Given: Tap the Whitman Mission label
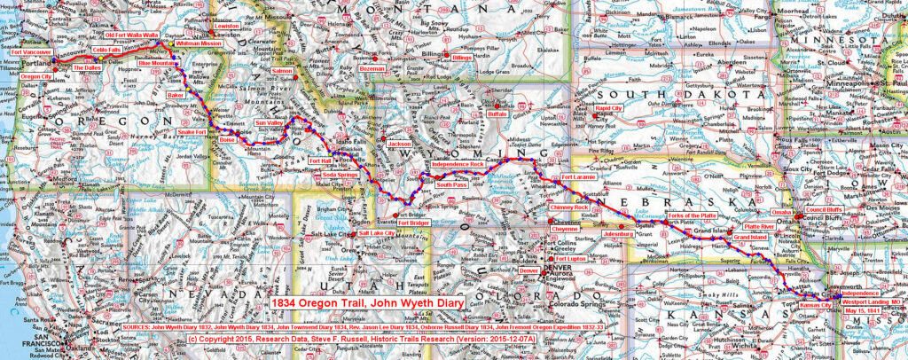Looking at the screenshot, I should (200, 43).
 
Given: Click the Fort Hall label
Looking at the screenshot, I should (319, 160).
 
